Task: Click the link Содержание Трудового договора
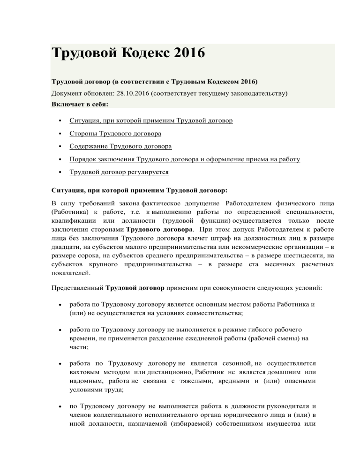120,147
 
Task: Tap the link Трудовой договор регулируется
119,173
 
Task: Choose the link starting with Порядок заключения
185,159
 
